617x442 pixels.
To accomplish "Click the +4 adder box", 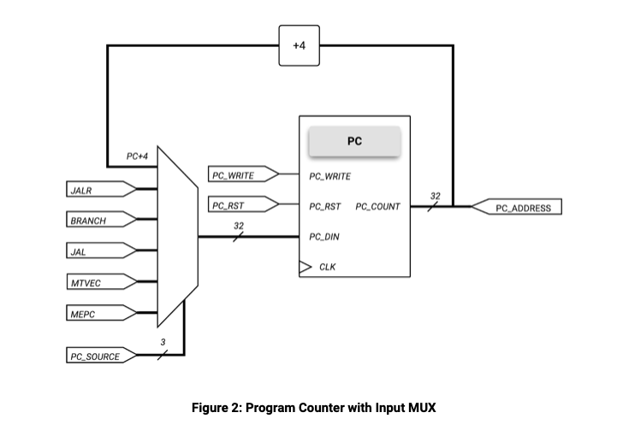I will click(299, 45).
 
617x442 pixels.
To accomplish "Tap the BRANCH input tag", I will click(98, 221).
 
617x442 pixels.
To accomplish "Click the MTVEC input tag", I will click(98, 282).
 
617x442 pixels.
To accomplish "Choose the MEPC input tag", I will click(98, 314).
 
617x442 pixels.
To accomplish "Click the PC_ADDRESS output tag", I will click(517, 207).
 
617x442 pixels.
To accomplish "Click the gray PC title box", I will click(354, 142).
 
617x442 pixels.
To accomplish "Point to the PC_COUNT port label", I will click(377, 207).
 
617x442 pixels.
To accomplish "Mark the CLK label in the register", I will click(328, 267).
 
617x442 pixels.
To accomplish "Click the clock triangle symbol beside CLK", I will click(304, 267).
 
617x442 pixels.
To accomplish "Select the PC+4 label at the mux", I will click(137, 156).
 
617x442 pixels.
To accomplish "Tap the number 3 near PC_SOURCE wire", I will click(163, 343).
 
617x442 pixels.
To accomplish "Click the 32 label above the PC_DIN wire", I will click(239, 226).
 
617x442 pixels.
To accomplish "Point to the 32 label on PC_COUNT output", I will click(435, 196).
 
